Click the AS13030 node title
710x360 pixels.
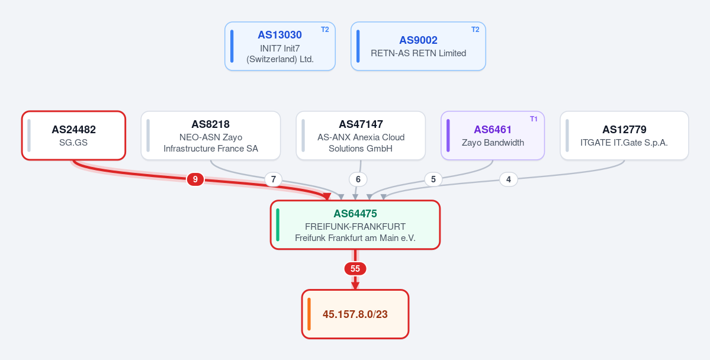(280, 35)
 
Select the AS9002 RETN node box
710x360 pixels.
(418, 46)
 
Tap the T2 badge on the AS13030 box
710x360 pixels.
(325, 30)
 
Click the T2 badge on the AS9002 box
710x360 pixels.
(475, 30)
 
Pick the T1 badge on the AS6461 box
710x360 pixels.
(534, 118)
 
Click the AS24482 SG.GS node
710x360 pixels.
(73, 136)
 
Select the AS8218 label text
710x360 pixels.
(211, 124)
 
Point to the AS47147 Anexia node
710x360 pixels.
(361, 136)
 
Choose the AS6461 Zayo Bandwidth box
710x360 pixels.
(493, 136)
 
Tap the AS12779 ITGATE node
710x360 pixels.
(624, 136)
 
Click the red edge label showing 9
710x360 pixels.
(195, 179)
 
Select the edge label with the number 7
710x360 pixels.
(273, 179)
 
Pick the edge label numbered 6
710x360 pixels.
(358, 179)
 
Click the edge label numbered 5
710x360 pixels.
(433, 179)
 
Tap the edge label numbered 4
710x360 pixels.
(509, 179)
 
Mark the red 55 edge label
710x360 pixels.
(355, 269)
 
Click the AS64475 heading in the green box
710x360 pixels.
(355, 214)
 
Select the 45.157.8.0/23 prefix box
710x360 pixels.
(355, 314)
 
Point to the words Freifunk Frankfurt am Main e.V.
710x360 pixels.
(355, 238)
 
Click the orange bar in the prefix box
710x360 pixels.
(309, 314)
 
